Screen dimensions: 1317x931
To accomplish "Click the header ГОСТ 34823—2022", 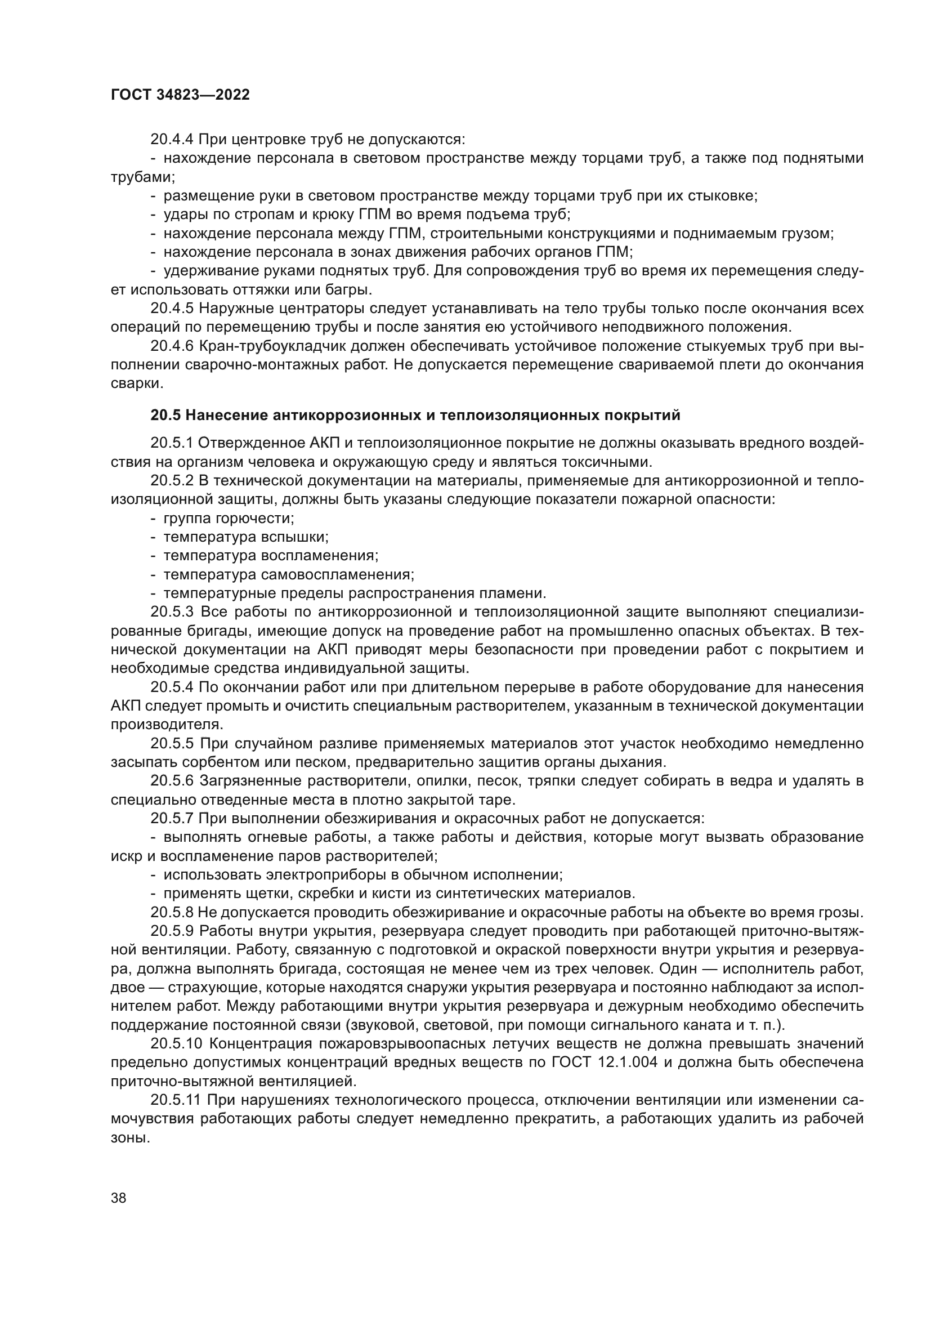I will click(x=180, y=95).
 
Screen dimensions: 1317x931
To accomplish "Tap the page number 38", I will click(x=119, y=1197).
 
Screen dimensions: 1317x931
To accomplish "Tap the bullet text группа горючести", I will click(x=229, y=519).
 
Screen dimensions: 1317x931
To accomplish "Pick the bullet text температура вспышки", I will click(x=246, y=538).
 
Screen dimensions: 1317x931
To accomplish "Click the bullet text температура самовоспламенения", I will click(x=288, y=575).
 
